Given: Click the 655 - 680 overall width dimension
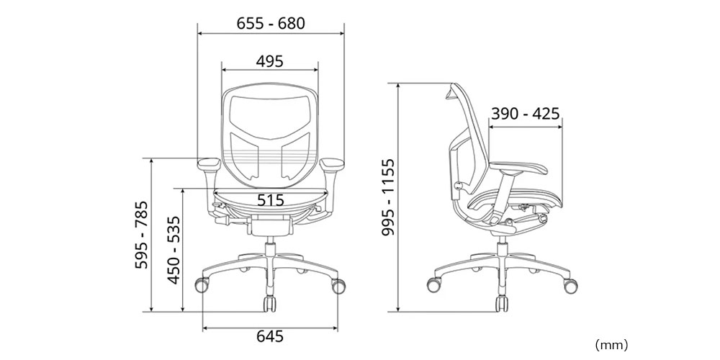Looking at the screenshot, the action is coord(271,24).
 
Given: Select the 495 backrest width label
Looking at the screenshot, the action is coord(269,61).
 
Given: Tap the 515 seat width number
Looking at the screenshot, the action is coord(270,200).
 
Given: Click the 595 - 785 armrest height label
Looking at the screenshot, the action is coord(141,235).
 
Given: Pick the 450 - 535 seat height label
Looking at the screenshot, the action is coord(174,251).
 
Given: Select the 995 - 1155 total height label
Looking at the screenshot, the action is coord(388,197).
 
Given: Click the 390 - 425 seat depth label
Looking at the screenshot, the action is coord(526,114).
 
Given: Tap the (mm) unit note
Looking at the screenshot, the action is coord(611,344).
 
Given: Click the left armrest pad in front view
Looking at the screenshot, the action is coord(209,163).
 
